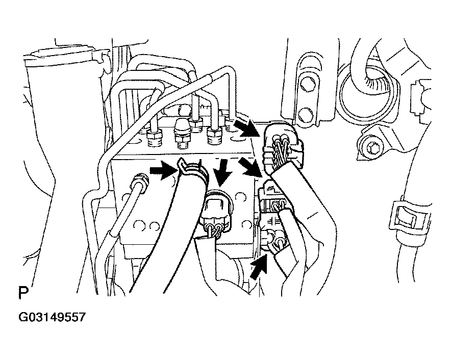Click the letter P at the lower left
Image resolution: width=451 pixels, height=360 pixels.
pos(23,292)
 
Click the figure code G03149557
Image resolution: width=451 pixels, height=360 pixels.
pos(52,317)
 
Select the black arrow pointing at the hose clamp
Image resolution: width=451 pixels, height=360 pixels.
pos(163,170)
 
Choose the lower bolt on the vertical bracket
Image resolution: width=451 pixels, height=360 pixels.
pos(304,114)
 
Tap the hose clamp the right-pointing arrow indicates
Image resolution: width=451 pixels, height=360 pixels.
pos(193,170)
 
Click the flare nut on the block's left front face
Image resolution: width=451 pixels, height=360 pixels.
pos(140,182)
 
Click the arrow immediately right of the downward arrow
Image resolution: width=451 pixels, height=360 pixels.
pos(251,166)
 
